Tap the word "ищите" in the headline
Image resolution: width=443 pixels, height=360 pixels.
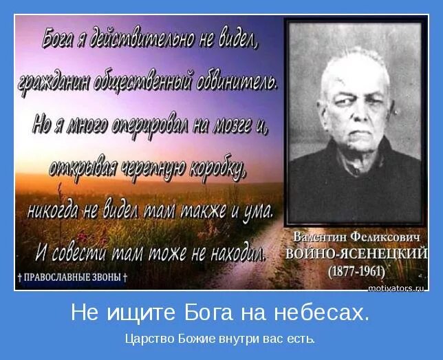[x=135, y=314]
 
